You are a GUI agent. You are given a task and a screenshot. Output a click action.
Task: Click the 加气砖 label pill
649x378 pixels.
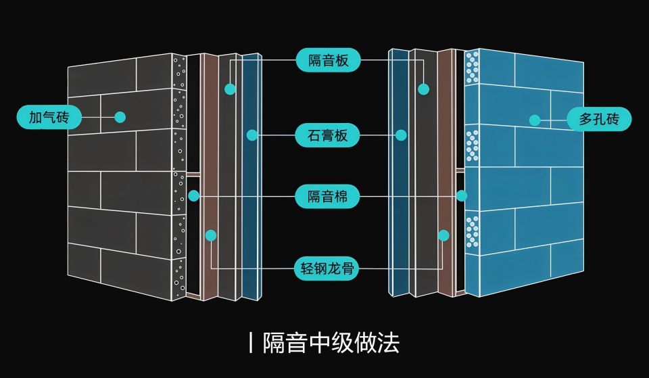click(49, 117)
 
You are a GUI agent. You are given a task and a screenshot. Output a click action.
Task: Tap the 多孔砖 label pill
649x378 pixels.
click(599, 120)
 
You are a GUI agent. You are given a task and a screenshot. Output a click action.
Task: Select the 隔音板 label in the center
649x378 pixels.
click(328, 61)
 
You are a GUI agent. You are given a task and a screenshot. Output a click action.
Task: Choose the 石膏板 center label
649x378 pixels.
click(328, 135)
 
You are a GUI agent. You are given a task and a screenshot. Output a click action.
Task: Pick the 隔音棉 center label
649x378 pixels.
click(328, 197)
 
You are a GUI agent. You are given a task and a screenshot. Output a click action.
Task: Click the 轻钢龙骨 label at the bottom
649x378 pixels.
click(328, 268)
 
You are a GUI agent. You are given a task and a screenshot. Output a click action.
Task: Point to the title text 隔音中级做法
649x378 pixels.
click(331, 342)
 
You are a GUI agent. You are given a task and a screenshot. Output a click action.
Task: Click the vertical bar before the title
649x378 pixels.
click(251, 343)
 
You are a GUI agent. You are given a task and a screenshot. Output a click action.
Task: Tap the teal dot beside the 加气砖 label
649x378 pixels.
click(120, 117)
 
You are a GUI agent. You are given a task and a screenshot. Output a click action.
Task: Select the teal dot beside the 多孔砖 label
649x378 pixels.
click(535, 120)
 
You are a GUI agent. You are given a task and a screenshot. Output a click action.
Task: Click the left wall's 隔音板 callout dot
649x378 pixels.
click(231, 89)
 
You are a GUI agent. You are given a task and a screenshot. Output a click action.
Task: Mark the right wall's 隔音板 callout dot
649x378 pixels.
click(424, 89)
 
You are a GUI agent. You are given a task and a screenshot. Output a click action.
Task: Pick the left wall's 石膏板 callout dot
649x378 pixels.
click(252, 135)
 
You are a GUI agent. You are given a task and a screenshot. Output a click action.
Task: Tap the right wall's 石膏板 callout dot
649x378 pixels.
click(401, 135)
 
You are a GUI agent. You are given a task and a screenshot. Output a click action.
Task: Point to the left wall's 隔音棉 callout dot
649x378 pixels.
click(194, 196)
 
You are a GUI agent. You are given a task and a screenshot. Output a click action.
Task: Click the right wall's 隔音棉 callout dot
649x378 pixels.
click(462, 196)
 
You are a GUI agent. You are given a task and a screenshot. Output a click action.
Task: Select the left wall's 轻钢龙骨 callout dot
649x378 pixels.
click(211, 235)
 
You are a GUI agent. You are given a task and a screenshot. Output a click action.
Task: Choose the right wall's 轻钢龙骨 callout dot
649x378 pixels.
click(443, 235)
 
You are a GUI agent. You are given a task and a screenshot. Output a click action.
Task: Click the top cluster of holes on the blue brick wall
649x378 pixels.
click(472, 66)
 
